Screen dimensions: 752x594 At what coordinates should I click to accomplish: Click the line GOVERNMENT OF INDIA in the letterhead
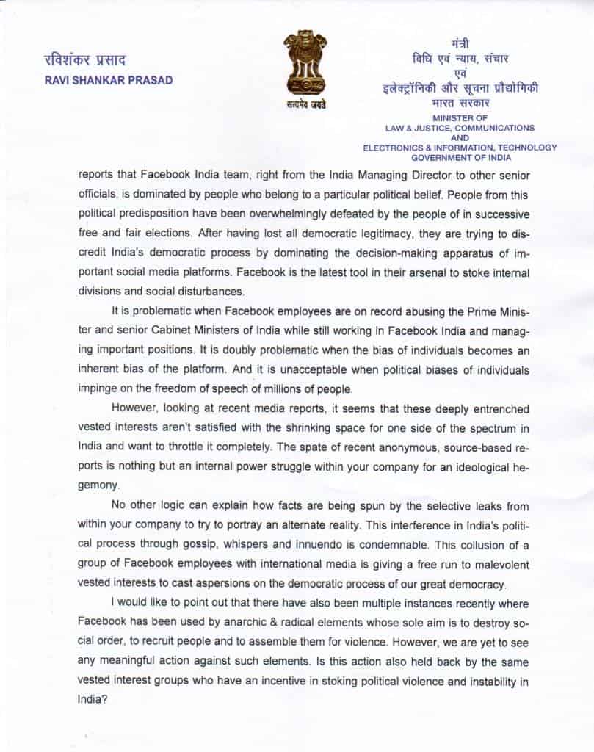click(x=460, y=157)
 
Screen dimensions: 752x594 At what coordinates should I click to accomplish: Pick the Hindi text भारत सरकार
click(x=460, y=104)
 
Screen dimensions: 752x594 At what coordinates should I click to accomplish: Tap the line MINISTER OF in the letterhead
click(x=460, y=117)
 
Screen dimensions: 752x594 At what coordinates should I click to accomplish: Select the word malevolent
click(x=499, y=565)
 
